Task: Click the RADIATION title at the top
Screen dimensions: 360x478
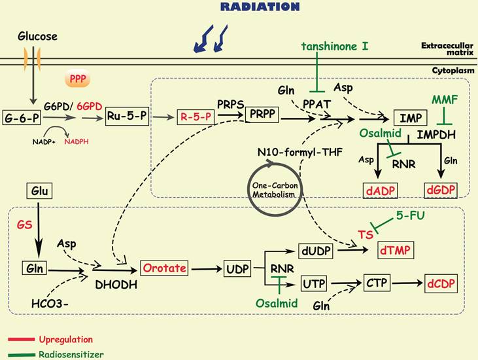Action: click(x=260, y=7)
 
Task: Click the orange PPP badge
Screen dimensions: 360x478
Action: click(x=77, y=81)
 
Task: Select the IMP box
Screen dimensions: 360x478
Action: click(x=411, y=118)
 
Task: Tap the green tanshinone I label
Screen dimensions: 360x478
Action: click(x=334, y=46)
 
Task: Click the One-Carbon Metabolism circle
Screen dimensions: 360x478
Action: click(x=271, y=189)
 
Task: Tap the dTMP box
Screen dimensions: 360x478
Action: click(x=396, y=249)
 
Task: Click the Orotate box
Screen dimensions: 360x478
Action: click(x=163, y=268)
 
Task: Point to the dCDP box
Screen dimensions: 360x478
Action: click(x=439, y=285)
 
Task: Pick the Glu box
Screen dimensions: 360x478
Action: click(x=39, y=192)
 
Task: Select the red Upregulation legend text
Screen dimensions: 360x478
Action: click(x=65, y=340)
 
